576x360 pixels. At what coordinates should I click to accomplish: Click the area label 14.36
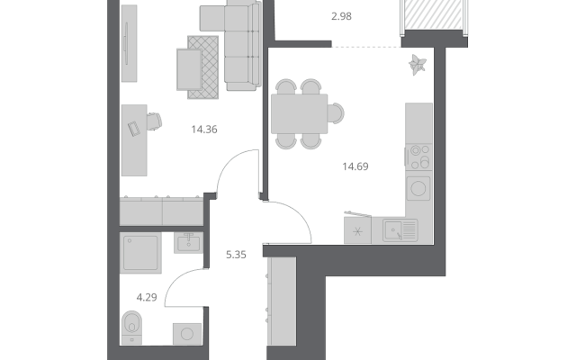coord(204,130)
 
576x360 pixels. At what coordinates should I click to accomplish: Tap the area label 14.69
coord(355,166)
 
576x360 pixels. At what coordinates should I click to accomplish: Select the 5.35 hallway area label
coord(236,255)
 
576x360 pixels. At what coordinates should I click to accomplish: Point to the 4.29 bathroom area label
coord(147,297)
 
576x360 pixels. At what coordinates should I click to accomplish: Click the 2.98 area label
coord(341,16)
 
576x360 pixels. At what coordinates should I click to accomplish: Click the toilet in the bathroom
coord(131,327)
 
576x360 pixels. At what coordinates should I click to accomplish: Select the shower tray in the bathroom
coord(140,253)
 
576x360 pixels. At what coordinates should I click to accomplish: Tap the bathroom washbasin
coord(188,243)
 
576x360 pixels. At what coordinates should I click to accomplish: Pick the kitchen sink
coord(400,230)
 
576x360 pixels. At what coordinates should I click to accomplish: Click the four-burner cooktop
coord(419,157)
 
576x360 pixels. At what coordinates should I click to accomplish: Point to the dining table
coord(300,114)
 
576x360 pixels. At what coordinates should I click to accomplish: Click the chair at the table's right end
coord(336,113)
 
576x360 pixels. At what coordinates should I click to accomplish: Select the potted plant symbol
coord(418,65)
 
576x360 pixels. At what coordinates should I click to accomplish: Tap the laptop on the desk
coord(134,129)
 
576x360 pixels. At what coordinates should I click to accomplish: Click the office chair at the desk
coord(154,121)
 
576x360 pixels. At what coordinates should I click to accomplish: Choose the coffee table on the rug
coord(189,69)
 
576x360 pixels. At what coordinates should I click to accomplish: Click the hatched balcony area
coord(434,14)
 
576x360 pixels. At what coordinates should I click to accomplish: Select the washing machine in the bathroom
coord(187,334)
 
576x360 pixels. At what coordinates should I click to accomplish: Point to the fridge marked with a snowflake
coord(357,229)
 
